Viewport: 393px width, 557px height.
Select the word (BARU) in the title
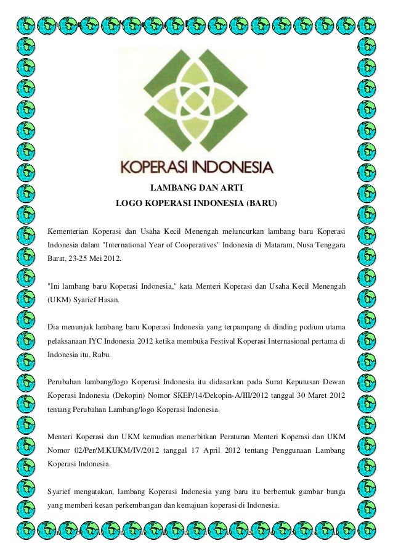(x=262, y=203)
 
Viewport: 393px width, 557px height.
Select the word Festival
(x=219, y=340)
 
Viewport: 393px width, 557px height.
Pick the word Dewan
(x=333, y=380)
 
